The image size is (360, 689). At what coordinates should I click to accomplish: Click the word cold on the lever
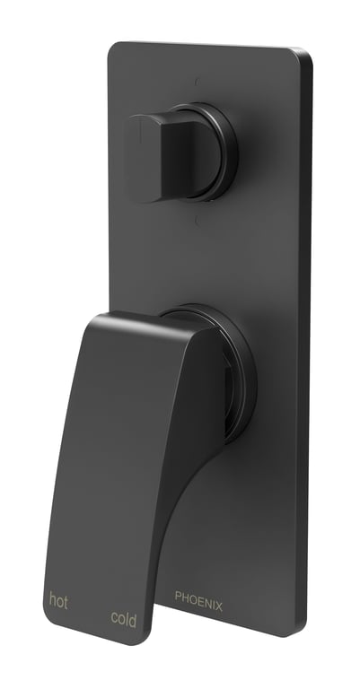click(123, 617)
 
